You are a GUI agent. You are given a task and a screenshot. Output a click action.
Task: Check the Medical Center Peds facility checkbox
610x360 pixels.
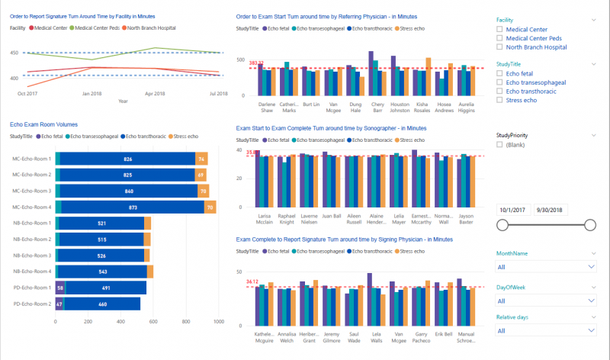tap(499, 37)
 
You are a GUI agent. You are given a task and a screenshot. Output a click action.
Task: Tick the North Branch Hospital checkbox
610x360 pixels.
tap(499, 47)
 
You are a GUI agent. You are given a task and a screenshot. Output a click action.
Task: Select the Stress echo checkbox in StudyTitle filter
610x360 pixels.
tap(499, 99)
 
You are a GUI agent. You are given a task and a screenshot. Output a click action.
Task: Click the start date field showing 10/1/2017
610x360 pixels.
tap(512, 209)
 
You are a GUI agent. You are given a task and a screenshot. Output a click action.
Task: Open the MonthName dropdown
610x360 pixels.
tap(545, 267)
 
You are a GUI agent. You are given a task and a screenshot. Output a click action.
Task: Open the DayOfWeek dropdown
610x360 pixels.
tap(545, 299)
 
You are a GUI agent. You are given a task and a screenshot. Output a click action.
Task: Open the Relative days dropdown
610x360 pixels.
tap(545, 331)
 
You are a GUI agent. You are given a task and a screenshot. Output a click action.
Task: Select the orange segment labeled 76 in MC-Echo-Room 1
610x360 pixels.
tap(201, 159)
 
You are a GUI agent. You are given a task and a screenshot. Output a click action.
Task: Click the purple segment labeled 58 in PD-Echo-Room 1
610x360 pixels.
tap(59, 288)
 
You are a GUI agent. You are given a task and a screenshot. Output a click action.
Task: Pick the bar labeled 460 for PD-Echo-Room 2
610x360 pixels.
tap(103, 304)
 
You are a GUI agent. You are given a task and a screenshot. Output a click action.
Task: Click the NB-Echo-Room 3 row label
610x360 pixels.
tap(31, 255)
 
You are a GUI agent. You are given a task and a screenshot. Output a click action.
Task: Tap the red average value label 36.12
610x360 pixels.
tap(252, 281)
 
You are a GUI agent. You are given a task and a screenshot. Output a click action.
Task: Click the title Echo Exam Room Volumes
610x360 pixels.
tap(43, 124)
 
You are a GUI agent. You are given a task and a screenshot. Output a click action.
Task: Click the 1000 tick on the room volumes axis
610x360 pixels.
tap(218, 322)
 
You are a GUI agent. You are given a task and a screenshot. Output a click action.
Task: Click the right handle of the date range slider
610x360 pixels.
tap(589, 224)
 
